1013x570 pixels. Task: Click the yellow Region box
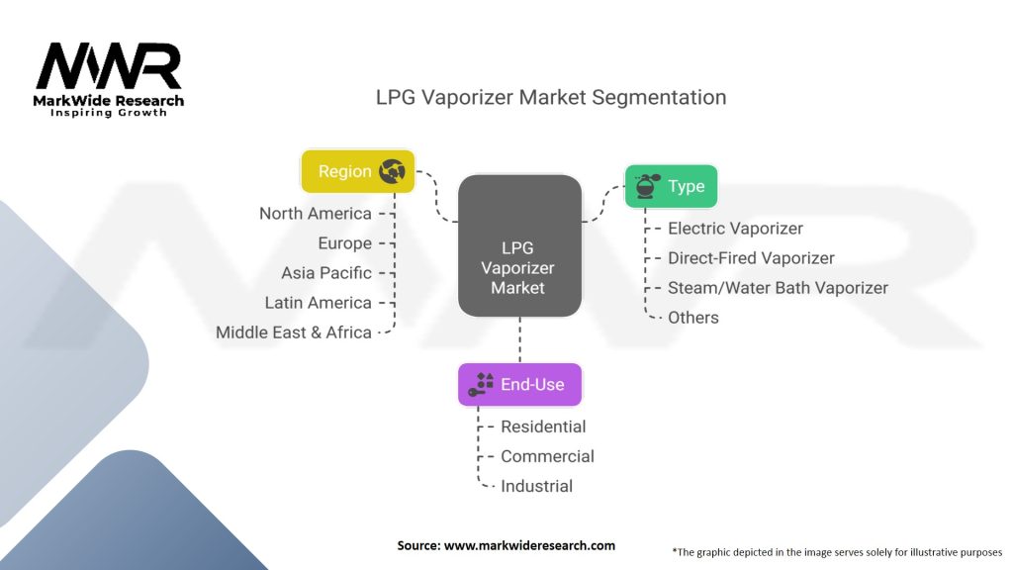coord(358,171)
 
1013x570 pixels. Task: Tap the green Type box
coord(671,186)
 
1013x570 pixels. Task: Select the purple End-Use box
coord(519,385)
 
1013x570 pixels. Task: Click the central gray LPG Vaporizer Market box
coord(519,245)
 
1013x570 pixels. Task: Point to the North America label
coord(316,214)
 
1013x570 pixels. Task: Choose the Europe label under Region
coord(345,243)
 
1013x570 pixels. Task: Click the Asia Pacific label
coord(326,273)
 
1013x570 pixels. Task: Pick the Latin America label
coord(318,303)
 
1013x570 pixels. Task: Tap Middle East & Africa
coord(293,332)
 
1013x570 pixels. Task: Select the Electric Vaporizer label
coord(735,229)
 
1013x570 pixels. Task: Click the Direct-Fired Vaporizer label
coord(751,258)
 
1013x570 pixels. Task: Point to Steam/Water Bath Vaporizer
coord(778,288)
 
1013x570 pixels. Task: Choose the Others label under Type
coord(693,318)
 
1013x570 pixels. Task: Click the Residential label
coord(543,427)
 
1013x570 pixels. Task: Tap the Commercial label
coord(547,456)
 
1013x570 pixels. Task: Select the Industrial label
coord(536,486)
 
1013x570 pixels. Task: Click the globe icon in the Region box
coord(392,171)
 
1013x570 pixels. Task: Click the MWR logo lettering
coord(109,66)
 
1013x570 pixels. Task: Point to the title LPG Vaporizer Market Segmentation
coord(551,97)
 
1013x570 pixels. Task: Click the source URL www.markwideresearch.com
coord(529,545)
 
